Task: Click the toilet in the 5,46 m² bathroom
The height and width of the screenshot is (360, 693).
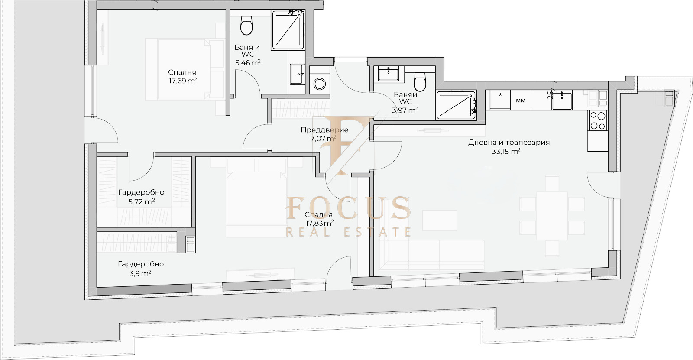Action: pyautogui.click(x=246, y=26)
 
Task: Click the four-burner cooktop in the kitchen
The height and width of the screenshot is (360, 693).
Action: pyautogui.click(x=598, y=120)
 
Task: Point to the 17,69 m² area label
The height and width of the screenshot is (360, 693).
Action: pyautogui.click(x=182, y=81)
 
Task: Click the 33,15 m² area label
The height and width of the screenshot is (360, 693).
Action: pyautogui.click(x=506, y=151)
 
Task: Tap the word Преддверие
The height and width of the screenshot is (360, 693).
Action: pyautogui.click(x=324, y=130)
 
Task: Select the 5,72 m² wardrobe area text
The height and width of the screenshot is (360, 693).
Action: pyautogui.click(x=141, y=202)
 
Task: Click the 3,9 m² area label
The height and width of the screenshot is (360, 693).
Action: pyautogui.click(x=140, y=273)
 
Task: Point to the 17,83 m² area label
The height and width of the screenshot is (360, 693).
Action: pyautogui.click(x=320, y=223)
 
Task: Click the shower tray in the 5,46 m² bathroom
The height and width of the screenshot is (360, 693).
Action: pyautogui.click(x=288, y=30)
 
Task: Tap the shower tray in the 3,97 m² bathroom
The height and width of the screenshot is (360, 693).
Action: pyautogui.click(x=456, y=105)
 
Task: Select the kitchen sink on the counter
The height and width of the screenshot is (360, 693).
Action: pyautogui.click(x=562, y=101)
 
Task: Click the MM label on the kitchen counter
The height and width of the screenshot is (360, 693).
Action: pyautogui.click(x=521, y=101)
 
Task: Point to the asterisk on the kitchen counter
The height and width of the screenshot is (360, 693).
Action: pyautogui.click(x=500, y=94)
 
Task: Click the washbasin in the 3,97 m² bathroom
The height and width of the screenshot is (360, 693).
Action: pyautogui.click(x=388, y=74)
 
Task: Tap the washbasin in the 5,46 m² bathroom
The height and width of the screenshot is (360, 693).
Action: pyautogui.click(x=297, y=74)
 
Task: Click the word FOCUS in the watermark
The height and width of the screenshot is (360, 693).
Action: pyautogui.click(x=349, y=208)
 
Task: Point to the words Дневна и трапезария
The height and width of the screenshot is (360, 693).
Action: pyautogui.click(x=509, y=143)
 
